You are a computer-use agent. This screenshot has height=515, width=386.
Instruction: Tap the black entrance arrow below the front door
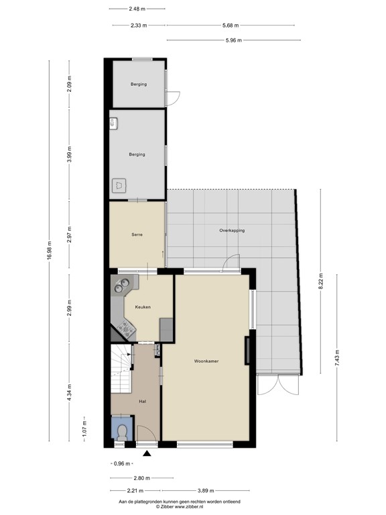[147, 455]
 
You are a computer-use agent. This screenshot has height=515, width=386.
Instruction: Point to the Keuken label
[142, 307]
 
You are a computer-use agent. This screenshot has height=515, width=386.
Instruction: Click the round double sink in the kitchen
[122, 286]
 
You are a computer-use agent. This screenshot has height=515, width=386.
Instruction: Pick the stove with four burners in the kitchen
[125, 327]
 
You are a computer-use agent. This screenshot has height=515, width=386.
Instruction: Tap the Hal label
[143, 401]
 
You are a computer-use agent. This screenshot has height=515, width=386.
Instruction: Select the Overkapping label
[232, 230]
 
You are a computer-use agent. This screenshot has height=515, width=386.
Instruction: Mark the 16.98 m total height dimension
[48, 253]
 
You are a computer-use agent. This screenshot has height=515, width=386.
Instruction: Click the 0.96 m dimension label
[121, 463]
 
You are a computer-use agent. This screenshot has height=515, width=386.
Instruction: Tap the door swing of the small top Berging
[172, 99]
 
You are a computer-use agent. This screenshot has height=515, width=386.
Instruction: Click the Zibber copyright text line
[180, 507]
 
